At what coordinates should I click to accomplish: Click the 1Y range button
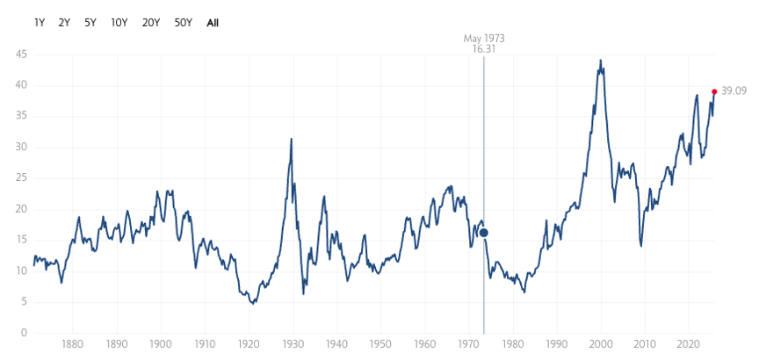40,23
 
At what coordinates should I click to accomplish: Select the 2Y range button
64,23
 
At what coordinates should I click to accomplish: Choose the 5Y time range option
90,23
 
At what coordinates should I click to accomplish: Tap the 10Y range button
119,23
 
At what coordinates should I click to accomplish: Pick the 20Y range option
151,23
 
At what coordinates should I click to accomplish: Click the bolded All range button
213,23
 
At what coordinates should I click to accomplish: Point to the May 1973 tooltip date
484,39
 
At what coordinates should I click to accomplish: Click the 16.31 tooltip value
484,50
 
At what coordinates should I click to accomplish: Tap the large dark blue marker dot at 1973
484,233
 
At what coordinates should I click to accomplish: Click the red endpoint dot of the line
714,91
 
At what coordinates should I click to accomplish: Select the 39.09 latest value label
734,91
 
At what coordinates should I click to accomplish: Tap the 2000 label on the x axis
601,344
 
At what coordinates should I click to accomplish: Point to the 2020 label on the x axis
689,344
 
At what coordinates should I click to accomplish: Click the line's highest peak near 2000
600,61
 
